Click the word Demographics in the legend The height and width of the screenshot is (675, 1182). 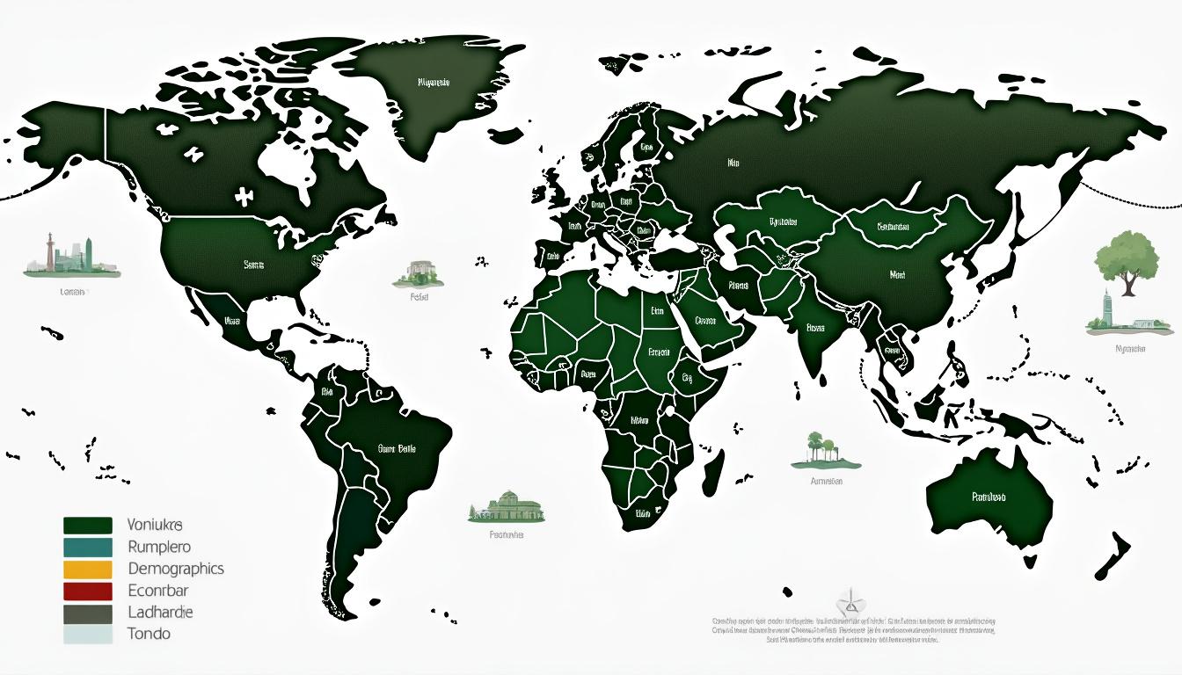tap(175, 569)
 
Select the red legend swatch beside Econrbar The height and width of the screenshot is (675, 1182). tap(88, 591)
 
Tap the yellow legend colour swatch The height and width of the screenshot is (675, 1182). tap(88, 569)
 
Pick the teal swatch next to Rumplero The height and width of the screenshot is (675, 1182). tap(88, 547)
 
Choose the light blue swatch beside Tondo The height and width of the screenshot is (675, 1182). tap(88, 634)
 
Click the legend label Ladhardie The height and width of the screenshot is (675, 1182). tap(160, 612)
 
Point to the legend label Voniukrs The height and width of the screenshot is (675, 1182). tap(154, 526)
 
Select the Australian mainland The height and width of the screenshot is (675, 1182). tap(989, 497)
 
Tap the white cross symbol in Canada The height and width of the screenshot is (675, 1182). tap(244, 195)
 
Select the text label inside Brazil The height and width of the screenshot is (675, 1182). tap(397, 448)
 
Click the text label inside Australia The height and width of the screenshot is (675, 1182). tap(988, 497)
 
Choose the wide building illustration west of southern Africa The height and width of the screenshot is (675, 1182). tap(507, 507)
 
